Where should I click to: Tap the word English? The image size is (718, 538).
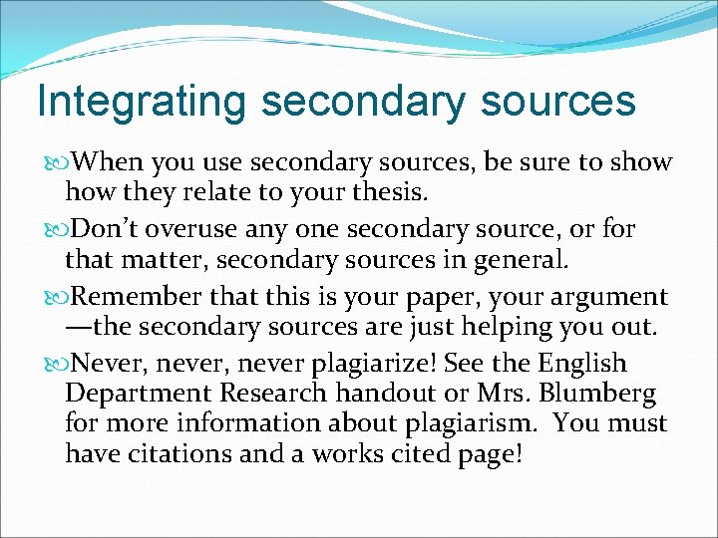pos(582,364)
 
